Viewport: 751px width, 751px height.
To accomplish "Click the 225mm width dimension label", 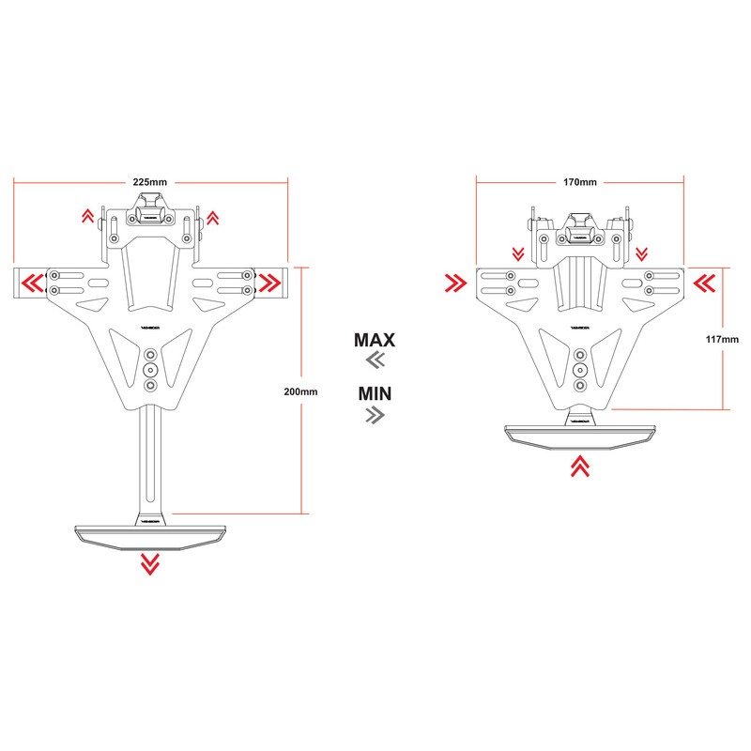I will coord(150,181).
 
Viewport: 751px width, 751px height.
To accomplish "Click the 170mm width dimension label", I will coord(580,181).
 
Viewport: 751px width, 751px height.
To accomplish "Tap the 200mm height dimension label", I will coord(301,390).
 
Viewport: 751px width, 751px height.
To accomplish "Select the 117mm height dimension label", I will coord(724,338).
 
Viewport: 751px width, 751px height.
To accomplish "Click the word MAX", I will coord(375,340).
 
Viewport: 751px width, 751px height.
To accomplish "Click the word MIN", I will coord(375,391).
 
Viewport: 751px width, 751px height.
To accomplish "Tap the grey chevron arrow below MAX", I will coord(375,361).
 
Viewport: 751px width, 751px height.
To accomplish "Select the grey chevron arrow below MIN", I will coord(375,414).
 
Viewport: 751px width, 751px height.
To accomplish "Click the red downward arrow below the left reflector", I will coord(149,563).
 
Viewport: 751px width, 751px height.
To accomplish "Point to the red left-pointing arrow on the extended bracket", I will coord(32,281).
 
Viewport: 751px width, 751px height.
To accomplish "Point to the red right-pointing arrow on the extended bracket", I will coord(270,281).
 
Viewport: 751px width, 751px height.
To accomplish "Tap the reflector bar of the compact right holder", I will coord(579,434).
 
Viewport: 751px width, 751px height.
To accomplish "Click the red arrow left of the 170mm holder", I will coord(455,282).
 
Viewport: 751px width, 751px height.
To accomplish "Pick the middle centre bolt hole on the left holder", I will coord(150,371).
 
